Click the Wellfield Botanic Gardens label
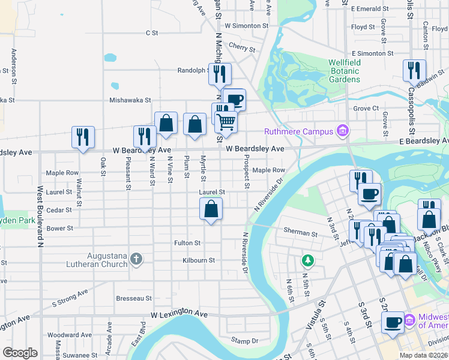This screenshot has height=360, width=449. [x=344, y=71]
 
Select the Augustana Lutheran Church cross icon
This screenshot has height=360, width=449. [x=136, y=260]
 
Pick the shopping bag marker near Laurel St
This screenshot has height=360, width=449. [x=211, y=210]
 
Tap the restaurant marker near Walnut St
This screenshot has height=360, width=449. [x=83, y=137]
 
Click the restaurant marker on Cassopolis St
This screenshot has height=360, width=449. [x=414, y=71]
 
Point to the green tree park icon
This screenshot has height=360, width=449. [x=307, y=260]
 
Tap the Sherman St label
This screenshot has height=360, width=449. [x=301, y=233]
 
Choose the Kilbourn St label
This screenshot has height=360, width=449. [x=199, y=260]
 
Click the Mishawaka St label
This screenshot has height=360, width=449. [x=128, y=101]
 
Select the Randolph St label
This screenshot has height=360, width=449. [x=191, y=70]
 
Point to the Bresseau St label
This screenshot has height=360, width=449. [x=134, y=298]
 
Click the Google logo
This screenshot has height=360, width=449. [x=20, y=353]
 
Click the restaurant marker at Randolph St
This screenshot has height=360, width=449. [x=220, y=74]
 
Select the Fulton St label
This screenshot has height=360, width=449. [x=187, y=243]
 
